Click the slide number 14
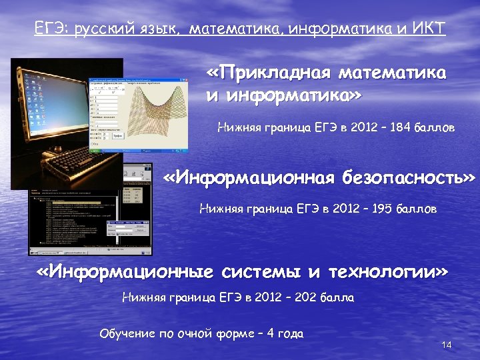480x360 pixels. [447, 345]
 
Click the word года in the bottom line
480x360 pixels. [289, 333]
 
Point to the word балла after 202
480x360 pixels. [339, 297]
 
